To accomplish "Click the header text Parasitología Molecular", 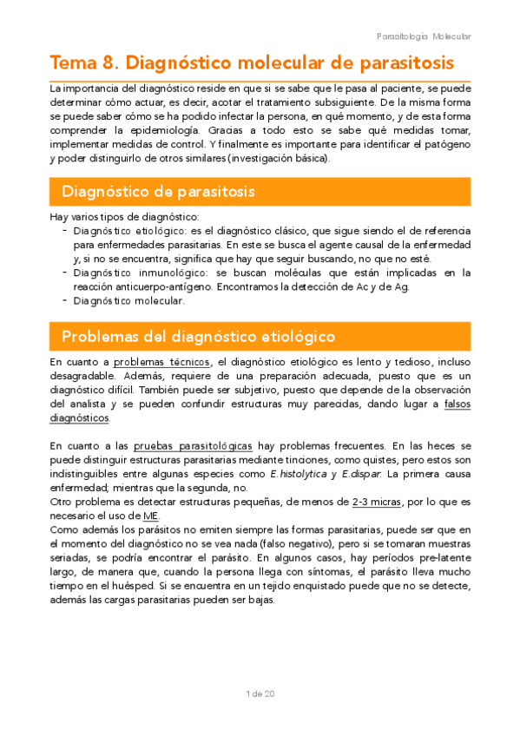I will [x=424, y=36].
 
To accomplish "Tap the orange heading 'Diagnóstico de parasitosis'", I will [x=157, y=190].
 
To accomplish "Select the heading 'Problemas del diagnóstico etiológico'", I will [x=198, y=335].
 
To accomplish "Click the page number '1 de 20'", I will [x=260, y=693].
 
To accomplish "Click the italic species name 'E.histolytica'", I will [x=299, y=473].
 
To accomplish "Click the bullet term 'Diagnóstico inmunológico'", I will [x=129, y=273].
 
